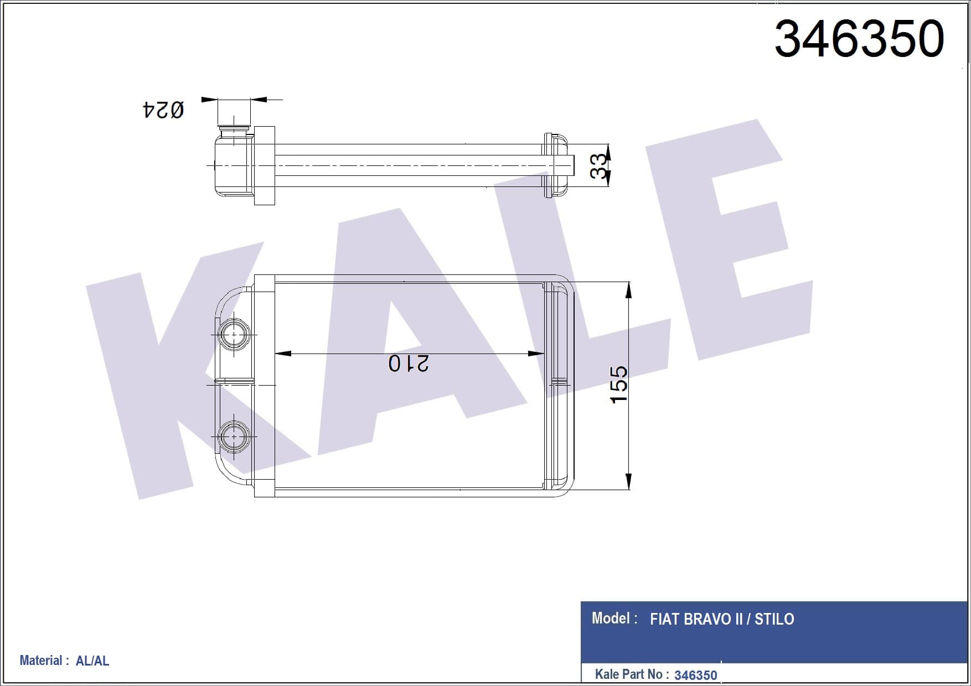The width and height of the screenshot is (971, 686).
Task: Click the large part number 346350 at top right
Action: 859,39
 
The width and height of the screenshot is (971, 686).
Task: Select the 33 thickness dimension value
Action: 598,165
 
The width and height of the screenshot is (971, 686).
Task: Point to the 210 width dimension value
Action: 409,363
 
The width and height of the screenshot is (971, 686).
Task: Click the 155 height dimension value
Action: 618,384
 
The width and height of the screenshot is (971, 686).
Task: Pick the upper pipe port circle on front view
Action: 234,334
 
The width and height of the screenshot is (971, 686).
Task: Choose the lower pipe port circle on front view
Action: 234,436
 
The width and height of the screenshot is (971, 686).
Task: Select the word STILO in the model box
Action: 774,619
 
